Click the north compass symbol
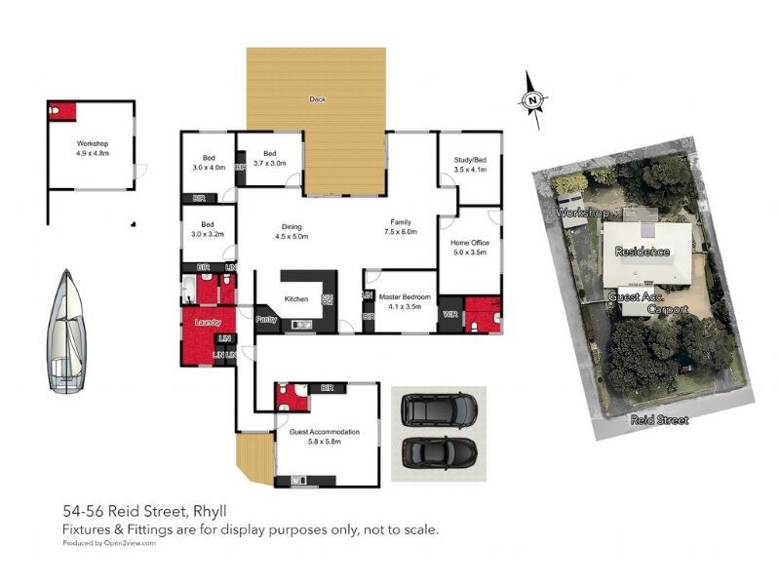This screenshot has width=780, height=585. tap(532, 99)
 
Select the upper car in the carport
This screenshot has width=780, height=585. tap(440, 409)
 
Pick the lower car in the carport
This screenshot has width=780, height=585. tap(440, 450)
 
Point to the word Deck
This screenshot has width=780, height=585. tap(317, 99)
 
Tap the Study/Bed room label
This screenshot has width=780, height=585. tap(469, 160)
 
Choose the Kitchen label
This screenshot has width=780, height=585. tap(295, 299)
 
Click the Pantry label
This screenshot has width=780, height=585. tap(266, 319)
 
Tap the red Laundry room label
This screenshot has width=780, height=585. tap(208, 322)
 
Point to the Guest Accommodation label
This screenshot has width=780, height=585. tap(325, 432)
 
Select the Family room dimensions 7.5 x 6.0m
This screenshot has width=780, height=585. tap(401, 232)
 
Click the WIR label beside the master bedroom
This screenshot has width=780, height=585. tap(450, 315)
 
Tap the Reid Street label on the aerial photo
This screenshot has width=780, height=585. tap(658, 420)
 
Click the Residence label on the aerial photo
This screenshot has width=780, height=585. tap(643, 251)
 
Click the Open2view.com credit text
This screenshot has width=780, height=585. tap(129, 542)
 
